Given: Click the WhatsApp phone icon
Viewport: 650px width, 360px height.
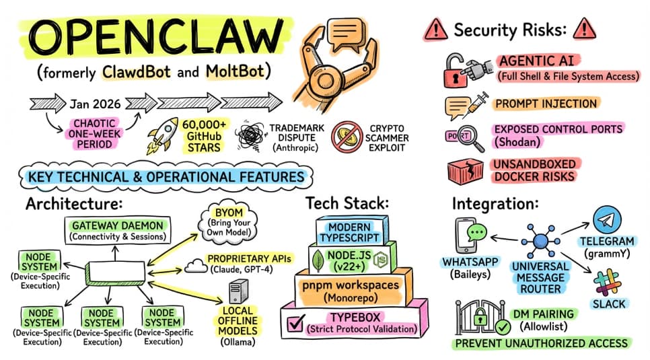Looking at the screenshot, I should click(470, 236).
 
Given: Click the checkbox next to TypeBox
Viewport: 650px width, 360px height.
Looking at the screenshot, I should click(297, 323).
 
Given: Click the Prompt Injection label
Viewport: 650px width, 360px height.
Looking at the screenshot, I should click(545, 104).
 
